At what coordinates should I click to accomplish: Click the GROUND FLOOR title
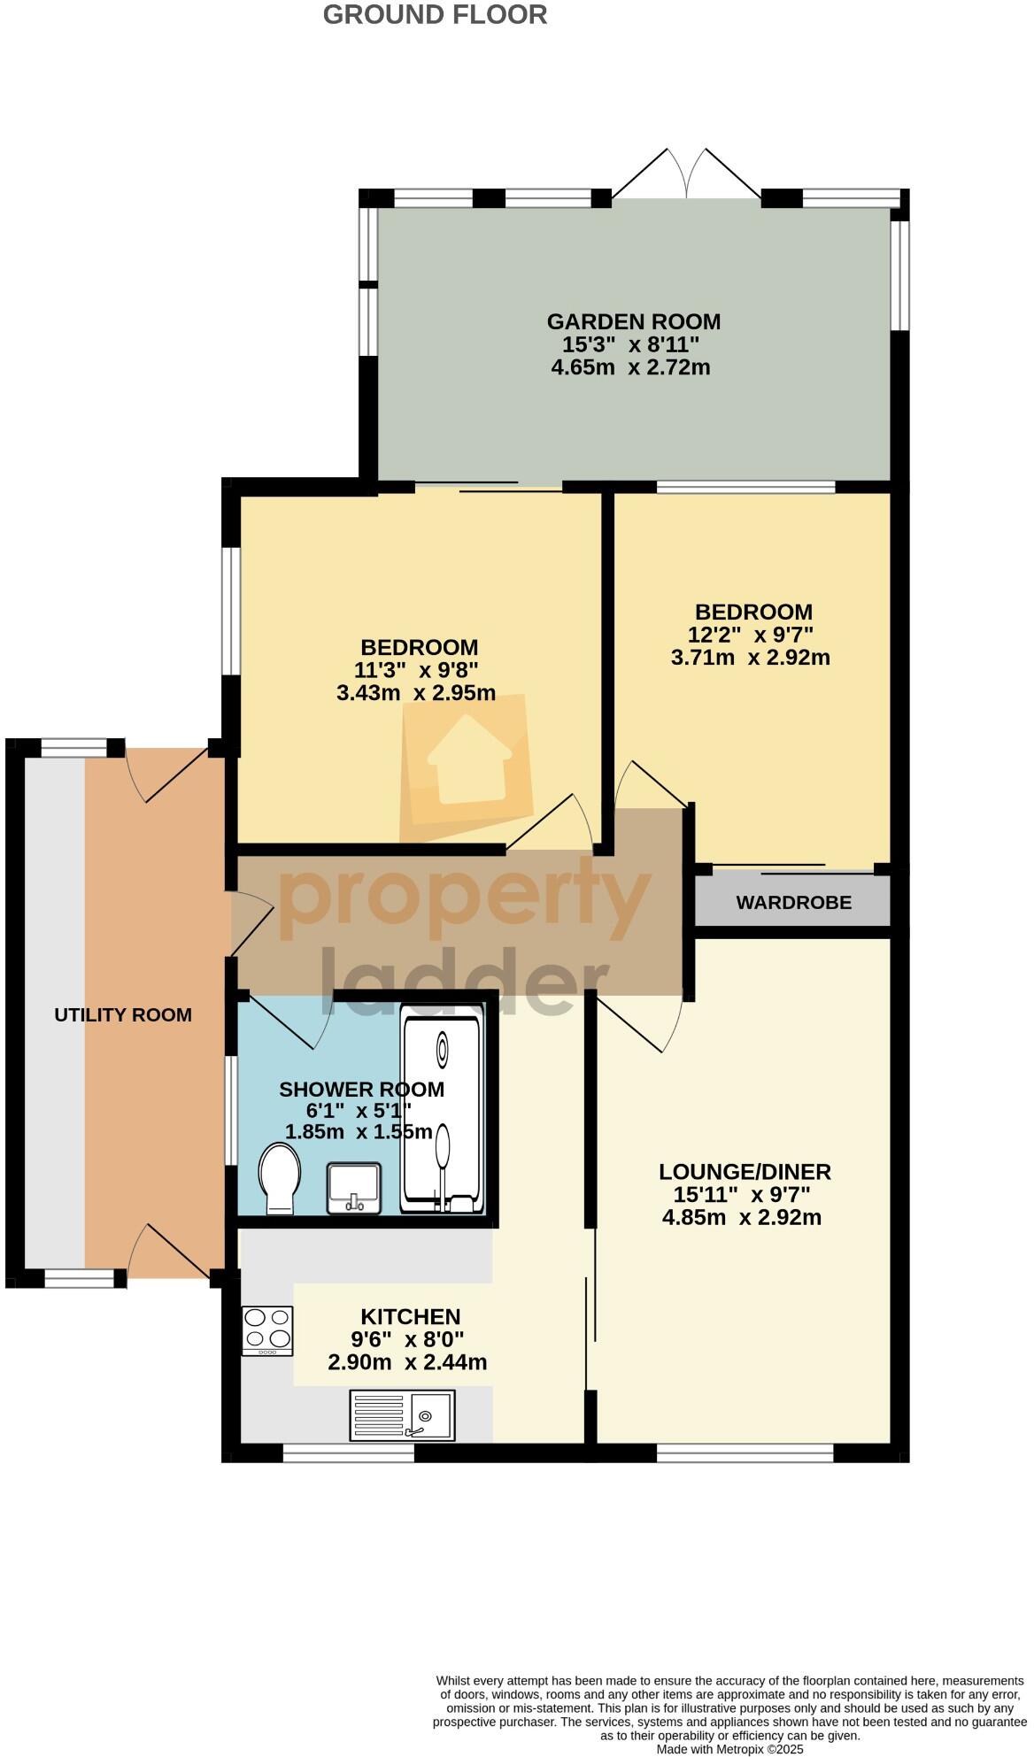(x=435, y=14)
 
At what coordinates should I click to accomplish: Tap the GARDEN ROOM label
(x=633, y=321)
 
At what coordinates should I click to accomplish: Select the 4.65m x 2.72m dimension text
(x=630, y=366)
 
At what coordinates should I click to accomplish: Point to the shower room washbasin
(x=353, y=1188)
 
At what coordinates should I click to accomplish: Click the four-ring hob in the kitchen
(x=267, y=1330)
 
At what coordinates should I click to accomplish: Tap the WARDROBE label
(x=793, y=902)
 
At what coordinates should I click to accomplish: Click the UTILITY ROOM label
(x=123, y=1014)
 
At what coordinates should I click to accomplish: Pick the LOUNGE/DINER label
(x=745, y=1172)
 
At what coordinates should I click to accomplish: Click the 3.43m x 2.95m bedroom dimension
(x=415, y=692)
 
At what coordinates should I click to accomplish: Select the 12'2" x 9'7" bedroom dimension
(x=750, y=634)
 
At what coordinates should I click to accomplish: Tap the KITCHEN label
(x=410, y=1316)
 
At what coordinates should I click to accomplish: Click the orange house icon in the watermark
(x=469, y=761)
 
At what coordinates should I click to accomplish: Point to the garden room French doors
(x=686, y=173)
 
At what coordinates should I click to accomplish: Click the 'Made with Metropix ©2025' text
(x=729, y=1749)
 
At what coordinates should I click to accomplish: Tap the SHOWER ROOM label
(x=361, y=1090)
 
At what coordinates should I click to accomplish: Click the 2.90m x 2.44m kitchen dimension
(x=407, y=1362)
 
